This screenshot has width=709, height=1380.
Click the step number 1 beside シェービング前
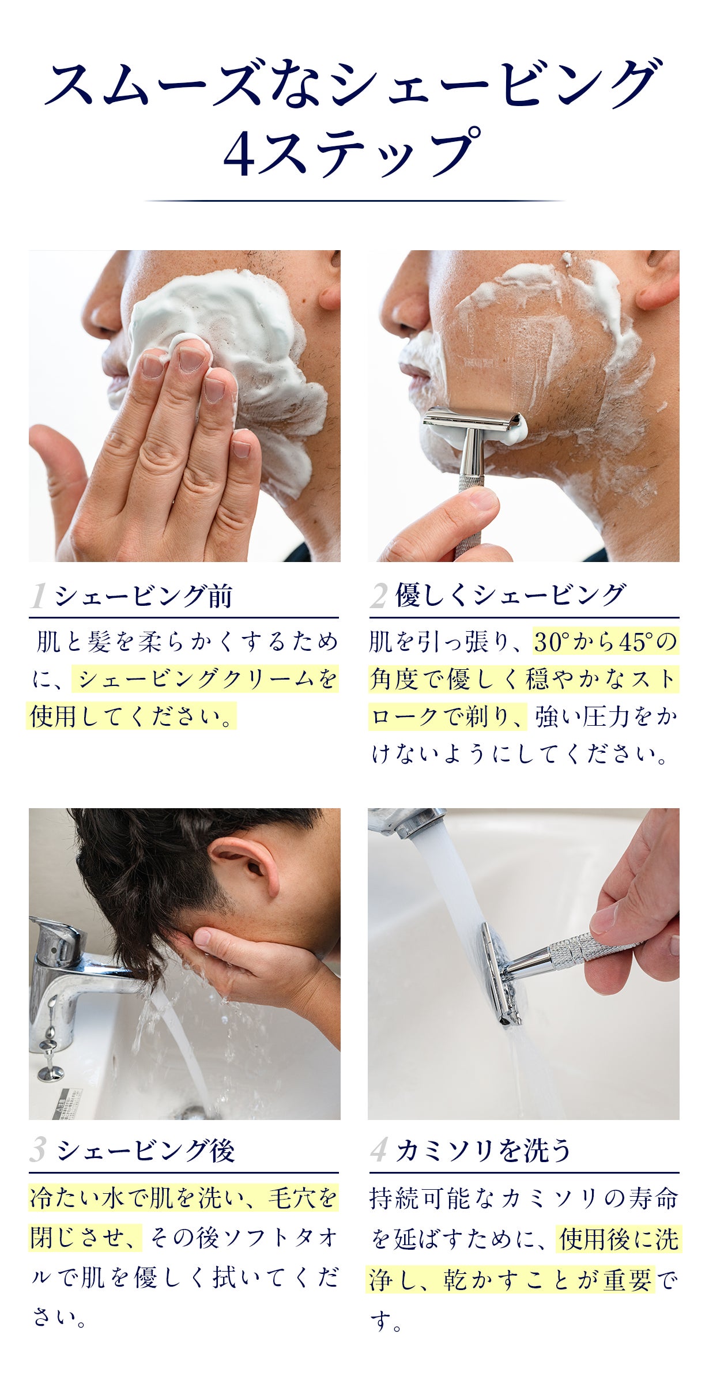tap(39, 595)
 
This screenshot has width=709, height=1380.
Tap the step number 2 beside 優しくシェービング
tap(379, 595)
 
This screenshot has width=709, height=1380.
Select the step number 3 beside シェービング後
tap(38, 1150)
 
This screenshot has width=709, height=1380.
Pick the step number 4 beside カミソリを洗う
tap(379, 1150)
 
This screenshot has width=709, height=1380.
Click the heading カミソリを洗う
tap(483, 1150)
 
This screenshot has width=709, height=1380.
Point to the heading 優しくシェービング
tap(510, 595)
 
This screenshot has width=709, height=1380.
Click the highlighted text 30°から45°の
tap(605, 642)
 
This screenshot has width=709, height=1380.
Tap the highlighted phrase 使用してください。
tap(131, 716)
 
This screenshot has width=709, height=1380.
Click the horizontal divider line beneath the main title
tap(354, 201)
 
